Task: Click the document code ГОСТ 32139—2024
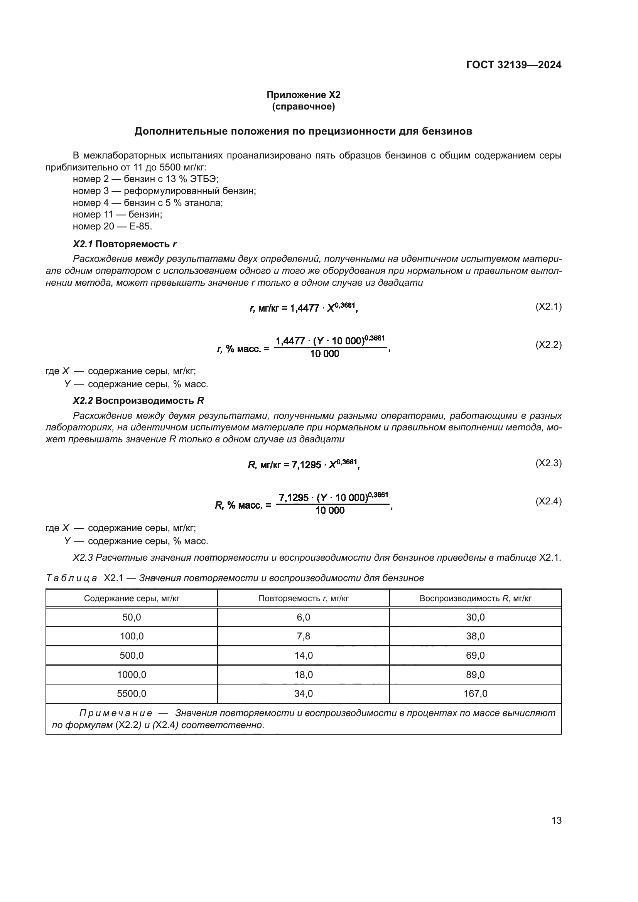click(x=513, y=65)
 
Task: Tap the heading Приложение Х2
click(x=303, y=95)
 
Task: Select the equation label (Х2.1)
click(x=549, y=307)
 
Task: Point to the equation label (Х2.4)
click(x=549, y=501)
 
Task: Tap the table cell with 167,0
click(x=475, y=693)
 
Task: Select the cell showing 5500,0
click(x=132, y=693)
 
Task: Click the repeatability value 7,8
click(x=303, y=636)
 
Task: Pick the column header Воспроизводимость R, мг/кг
click(x=475, y=599)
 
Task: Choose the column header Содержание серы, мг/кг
click(x=132, y=599)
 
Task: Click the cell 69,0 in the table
click(x=475, y=655)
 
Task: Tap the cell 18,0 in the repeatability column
click(x=303, y=674)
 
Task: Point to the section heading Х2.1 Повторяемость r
click(x=125, y=244)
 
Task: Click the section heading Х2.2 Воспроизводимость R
click(x=138, y=401)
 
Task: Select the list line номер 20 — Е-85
click(x=112, y=226)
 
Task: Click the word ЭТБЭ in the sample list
click(x=203, y=179)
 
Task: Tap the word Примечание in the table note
click(x=115, y=713)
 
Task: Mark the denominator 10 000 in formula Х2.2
click(x=324, y=354)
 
